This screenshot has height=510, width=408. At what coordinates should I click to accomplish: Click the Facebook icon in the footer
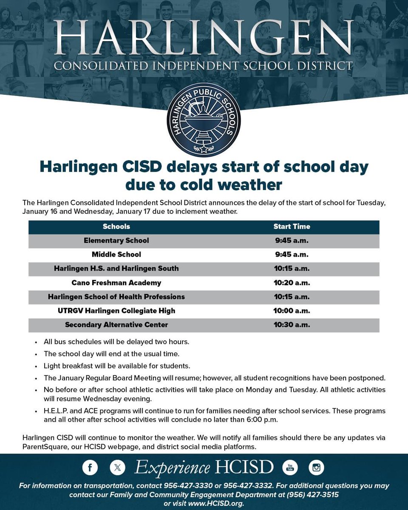(x=90, y=467)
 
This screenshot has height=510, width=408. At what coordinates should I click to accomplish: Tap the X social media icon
(x=117, y=467)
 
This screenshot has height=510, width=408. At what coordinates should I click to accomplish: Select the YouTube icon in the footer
(x=290, y=467)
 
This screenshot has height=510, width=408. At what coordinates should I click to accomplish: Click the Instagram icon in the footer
(x=316, y=467)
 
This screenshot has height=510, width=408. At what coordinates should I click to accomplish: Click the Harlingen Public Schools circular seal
(x=204, y=120)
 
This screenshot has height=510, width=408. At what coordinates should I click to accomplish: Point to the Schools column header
(x=116, y=227)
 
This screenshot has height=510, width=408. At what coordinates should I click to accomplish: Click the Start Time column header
(x=292, y=227)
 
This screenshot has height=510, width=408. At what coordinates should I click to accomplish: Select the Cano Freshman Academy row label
(x=116, y=283)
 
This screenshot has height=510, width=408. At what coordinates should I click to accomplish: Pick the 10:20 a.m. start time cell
(x=292, y=283)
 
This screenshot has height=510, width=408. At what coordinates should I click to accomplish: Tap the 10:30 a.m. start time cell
(x=292, y=325)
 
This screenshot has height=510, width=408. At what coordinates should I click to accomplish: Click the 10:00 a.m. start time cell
(x=292, y=311)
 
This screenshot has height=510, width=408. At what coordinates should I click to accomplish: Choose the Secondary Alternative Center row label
(x=116, y=325)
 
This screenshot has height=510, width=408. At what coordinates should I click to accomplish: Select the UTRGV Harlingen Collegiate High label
(x=116, y=311)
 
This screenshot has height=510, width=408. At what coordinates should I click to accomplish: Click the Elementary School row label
(x=116, y=241)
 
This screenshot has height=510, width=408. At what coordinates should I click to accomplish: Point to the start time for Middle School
(x=292, y=255)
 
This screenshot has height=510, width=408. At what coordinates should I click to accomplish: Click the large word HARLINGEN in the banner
(x=204, y=38)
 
